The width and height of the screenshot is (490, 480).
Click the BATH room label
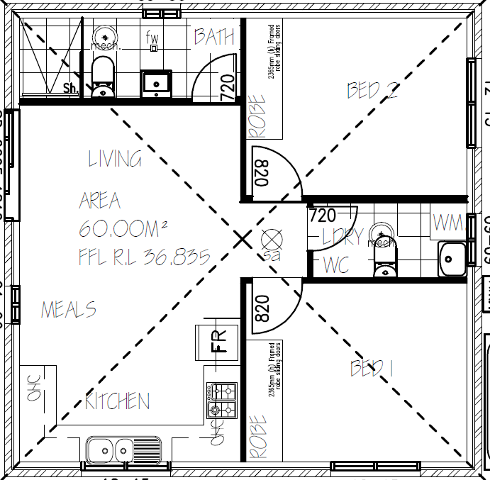pos(214,37)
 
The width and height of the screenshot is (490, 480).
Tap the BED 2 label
pos(372,90)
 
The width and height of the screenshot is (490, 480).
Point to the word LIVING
pos(115,158)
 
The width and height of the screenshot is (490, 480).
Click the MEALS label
pos(69,310)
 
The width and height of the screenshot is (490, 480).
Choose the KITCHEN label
pos(118,401)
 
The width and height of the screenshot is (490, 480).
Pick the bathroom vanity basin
pos(156,83)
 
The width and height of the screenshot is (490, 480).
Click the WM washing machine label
pos(447,223)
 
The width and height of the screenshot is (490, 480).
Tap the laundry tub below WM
pos(452,258)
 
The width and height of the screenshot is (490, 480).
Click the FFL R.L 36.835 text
pos(145,256)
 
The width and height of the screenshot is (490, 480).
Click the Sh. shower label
pos(71,89)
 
